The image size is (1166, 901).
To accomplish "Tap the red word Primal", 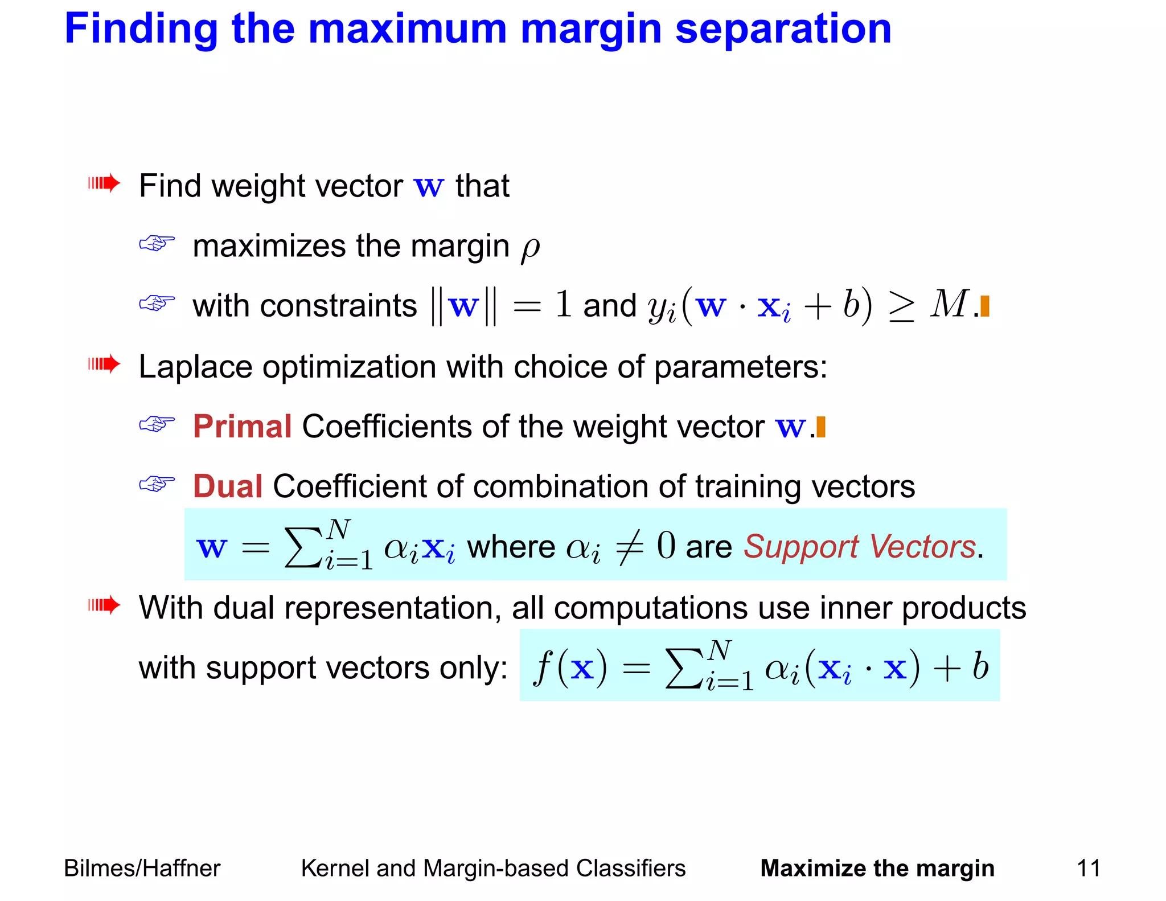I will click(x=242, y=427).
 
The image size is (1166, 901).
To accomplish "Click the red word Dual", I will click(x=227, y=486).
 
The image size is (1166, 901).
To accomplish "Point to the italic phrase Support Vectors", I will click(x=860, y=547).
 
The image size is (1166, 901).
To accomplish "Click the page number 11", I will click(x=1089, y=869).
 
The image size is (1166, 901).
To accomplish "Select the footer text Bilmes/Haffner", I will click(x=142, y=869).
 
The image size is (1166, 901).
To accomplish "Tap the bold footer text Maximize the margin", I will click(x=877, y=869).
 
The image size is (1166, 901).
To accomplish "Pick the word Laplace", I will click(x=195, y=367).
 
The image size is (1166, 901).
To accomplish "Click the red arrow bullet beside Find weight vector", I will click(x=104, y=183).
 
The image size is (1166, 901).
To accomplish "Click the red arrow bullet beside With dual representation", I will click(x=104, y=605).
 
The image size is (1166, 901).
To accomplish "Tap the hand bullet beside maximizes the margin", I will click(x=157, y=244).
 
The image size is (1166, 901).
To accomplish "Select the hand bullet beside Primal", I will click(x=157, y=424).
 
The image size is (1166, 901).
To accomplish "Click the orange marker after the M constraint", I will click(x=985, y=306).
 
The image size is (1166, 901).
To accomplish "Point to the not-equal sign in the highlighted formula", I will click(x=630, y=547).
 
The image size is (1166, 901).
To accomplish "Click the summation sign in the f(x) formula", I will click(x=684, y=669).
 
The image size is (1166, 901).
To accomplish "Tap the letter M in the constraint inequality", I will click(x=949, y=304).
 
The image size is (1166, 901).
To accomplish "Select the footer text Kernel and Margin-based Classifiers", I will click(x=493, y=869).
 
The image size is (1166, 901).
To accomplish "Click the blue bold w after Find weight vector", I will click(x=429, y=187).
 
